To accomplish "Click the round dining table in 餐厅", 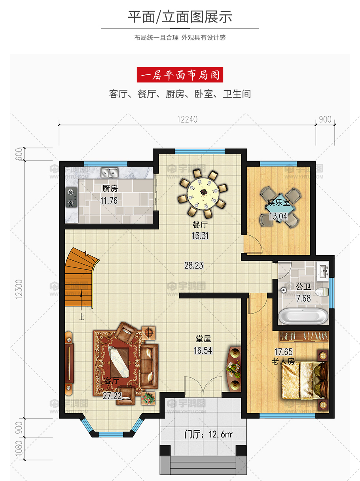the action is coord(203,193).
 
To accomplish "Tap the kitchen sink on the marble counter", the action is coord(109,172).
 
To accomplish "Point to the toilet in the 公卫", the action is coord(322,292).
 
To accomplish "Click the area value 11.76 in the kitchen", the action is coord(109,201).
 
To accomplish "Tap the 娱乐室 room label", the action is coord(279,203).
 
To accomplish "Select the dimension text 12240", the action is coord(188,119).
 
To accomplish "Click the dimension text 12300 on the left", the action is coord(19,289).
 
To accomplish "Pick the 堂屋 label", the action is coord(203,339).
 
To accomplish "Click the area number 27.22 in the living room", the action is coord(112,396).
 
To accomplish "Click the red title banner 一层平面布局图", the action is coord(180,75).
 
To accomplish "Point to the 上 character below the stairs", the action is coord(81,317).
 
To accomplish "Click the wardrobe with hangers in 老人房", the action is coord(304,336).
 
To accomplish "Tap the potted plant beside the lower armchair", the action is coord(148,398).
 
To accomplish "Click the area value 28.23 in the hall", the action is coord(194,265).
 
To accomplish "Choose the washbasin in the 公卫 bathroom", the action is coord(322,271).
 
